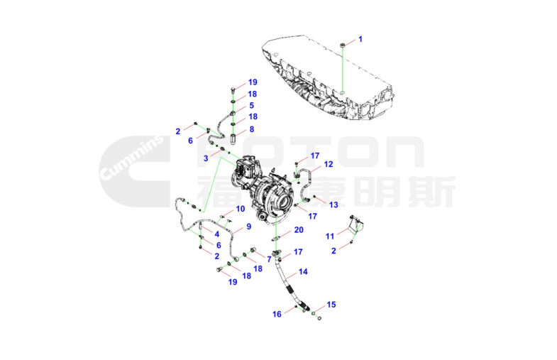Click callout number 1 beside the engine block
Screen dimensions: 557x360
click(360, 39)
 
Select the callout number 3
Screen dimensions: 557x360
click(206, 158)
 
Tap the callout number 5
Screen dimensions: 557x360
click(251, 105)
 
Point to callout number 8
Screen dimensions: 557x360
click(252, 129)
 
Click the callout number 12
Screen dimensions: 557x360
click(329, 164)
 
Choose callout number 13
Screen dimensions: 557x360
click(333, 204)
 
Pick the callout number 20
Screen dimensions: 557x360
click(299, 230)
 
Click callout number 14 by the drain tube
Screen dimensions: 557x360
click(303, 271)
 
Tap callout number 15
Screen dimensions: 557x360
click(331, 305)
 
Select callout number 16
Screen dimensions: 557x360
click(277, 314)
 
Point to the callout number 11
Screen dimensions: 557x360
click(330, 236)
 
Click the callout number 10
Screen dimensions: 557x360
click(241, 209)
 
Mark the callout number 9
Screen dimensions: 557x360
click(248, 227)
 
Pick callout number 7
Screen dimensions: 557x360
click(269, 260)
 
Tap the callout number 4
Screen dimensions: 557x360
click(216, 234)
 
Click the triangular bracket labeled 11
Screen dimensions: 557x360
click(356, 224)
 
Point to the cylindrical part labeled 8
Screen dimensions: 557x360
click(233, 138)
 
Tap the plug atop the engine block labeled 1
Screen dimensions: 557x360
click(343, 45)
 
